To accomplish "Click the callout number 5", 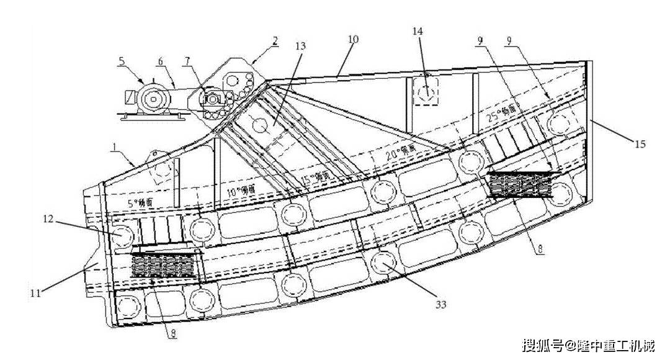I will pyautogui.click(x=122, y=61).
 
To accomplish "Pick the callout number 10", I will pyautogui.click(x=352, y=39).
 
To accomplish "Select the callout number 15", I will pyautogui.click(x=640, y=144).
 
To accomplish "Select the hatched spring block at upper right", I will pyautogui.click(x=521, y=183).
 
